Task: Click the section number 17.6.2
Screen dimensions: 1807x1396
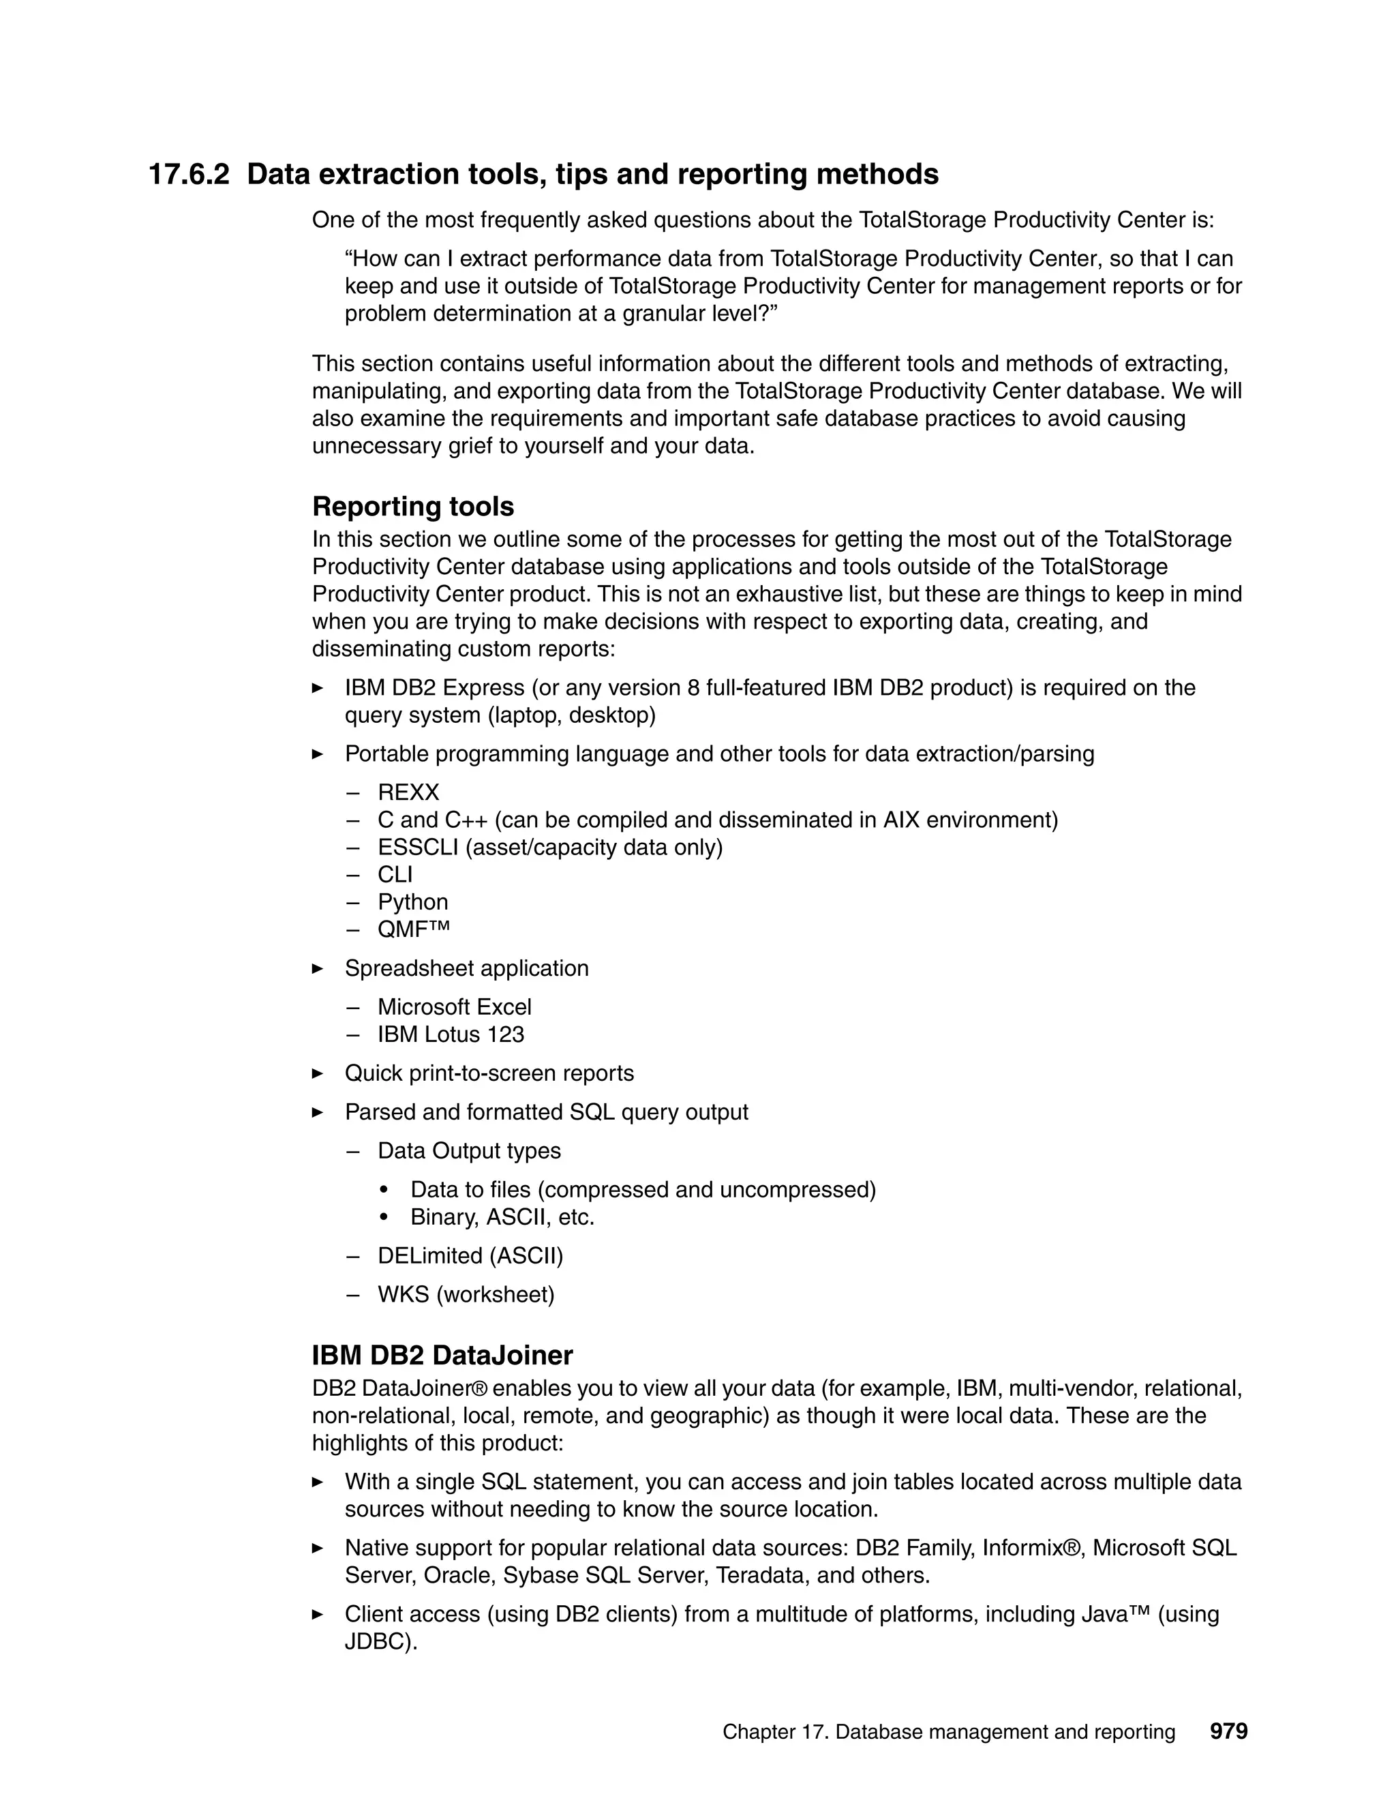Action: (189, 175)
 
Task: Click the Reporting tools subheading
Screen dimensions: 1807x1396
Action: (412, 507)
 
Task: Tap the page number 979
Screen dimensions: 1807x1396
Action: (1228, 1731)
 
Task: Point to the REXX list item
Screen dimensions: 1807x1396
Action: (408, 792)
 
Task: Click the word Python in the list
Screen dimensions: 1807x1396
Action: (412, 902)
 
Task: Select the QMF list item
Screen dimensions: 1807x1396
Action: (414, 929)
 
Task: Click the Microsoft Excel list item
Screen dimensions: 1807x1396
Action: (454, 1007)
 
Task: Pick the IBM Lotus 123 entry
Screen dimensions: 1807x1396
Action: (451, 1034)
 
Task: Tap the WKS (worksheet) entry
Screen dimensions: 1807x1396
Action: (466, 1294)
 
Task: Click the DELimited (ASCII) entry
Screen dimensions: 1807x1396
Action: (470, 1256)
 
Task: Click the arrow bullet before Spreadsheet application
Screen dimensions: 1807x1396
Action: (318, 969)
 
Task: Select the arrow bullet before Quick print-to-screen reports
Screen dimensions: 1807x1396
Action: (318, 1074)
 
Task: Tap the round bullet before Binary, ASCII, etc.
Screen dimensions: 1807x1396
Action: (384, 1218)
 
